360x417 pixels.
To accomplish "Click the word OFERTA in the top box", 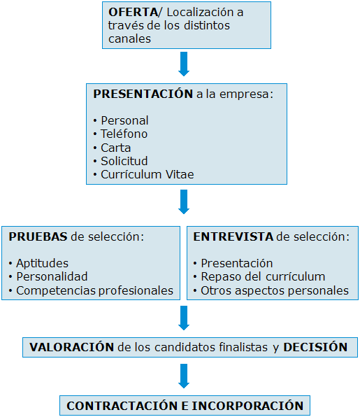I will (x=131, y=12).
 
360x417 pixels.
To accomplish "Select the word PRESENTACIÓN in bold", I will (x=143, y=93).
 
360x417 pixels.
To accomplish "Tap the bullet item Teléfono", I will (x=124, y=134).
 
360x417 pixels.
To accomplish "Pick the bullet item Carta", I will (x=115, y=148).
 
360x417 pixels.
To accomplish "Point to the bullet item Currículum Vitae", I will (x=147, y=175).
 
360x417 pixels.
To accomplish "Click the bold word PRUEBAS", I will (x=38, y=236).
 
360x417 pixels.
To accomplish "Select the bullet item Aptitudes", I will (x=42, y=264).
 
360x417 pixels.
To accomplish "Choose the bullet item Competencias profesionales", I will (x=94, y=290).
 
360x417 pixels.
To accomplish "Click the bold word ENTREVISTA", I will (x=233, y=236).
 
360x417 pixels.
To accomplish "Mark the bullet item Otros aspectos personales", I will (x=274, y=290).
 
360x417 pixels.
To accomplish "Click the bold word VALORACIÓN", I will (x=71, y=347).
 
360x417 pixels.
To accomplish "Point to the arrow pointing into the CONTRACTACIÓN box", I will (x=184, y=376).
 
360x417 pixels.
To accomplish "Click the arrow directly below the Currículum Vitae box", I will (x=184, y=202).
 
